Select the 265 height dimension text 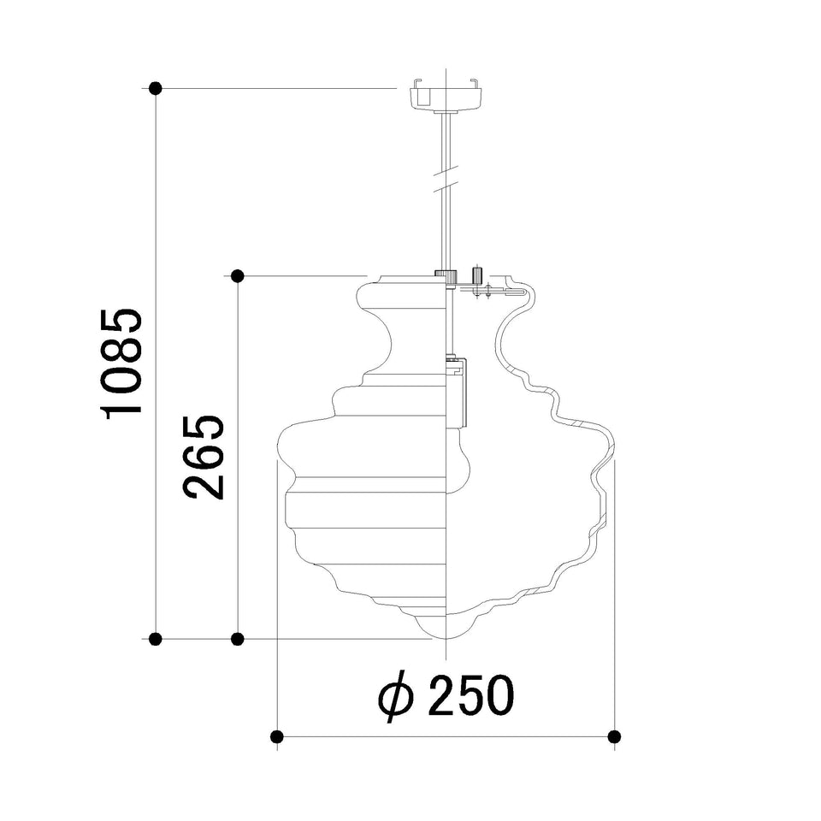(x=204, y=457)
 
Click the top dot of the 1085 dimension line (x=155, y=88)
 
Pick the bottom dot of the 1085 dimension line (x=155, y=639)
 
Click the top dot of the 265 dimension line (x=237, y=275)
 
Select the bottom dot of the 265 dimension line (x=237, y=639)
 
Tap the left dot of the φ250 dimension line (x=277, y=736)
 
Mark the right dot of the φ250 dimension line (x=614, y=736)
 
